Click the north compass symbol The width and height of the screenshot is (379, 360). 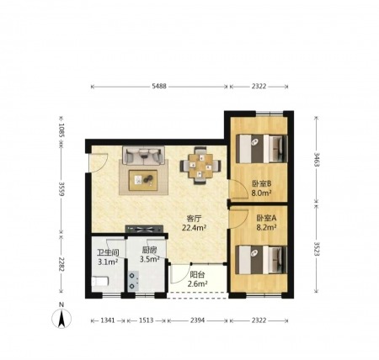click(61, 318)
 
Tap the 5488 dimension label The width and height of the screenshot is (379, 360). click(159, 87)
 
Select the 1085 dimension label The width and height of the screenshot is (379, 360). click(61, 130)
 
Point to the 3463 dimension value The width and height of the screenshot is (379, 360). click(317, 159)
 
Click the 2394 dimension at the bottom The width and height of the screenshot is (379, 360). click(198, 320)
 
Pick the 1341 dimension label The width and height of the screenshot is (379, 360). click(108, 320)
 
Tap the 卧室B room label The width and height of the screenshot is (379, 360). click(261, 184)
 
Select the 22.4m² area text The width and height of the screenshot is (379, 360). click(195, 228)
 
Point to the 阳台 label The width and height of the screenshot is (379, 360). click(197, 274)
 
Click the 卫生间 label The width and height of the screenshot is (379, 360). click(108, 252)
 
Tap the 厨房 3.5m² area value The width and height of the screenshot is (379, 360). click(150, 259)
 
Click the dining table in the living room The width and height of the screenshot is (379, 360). click(200, 166)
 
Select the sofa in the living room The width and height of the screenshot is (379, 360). click(143, 155)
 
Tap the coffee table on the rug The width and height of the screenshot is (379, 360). click(143, 180)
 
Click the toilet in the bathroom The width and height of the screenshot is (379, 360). click(100, 281)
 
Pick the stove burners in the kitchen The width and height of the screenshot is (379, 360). click(133, 281)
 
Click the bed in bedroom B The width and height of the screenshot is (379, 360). click(262, 149)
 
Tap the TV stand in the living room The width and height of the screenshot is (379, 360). click(144, 229)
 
